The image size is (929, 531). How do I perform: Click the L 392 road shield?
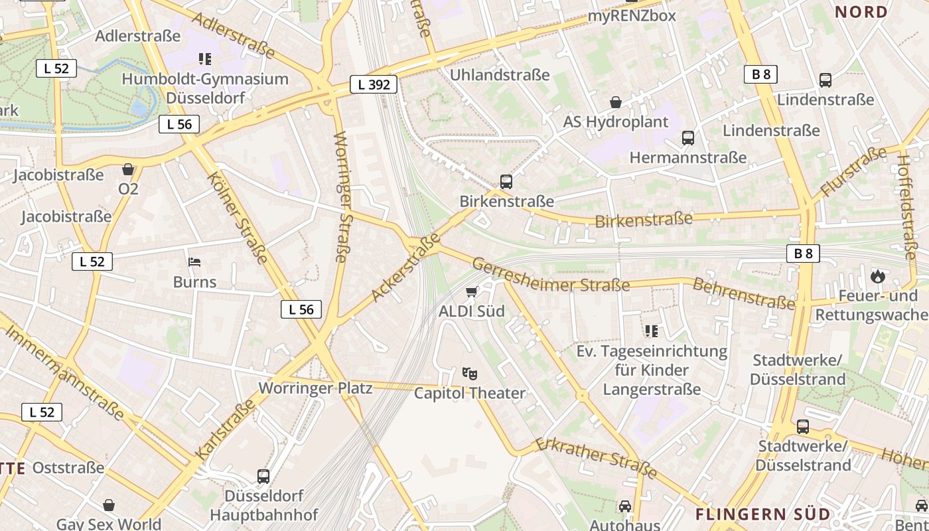(x=374, y=84)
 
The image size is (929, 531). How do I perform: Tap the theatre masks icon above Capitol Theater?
(x=470, y=374)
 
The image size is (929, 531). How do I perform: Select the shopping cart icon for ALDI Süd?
(x=472, y=292)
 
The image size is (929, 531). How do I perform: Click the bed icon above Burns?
(x=194, y=262)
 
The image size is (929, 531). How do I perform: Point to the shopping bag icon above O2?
(x=128, y=170)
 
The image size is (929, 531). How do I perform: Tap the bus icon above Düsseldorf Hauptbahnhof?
(x=263, y=476)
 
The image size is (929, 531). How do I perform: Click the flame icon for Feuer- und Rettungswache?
(x=878, y=275)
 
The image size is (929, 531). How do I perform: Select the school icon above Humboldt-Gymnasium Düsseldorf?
(x=205, y=59)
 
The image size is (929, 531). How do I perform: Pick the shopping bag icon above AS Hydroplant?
(x=616, y=102)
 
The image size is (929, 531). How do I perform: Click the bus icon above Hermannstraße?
(x=688, y=138)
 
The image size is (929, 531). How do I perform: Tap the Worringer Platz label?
(x=315, y=388)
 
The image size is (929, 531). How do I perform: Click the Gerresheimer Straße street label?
(x=551, y=276)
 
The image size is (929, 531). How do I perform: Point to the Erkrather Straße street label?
(x=595, y=457)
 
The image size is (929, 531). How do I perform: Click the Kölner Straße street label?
(x=238, y=217)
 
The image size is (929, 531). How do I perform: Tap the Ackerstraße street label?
(x=406, y=267)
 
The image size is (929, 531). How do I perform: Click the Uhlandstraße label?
(x=500, y=74)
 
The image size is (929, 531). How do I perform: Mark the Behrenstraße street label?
(x=743, y=294)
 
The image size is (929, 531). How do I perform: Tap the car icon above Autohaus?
(x=625, y=506)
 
